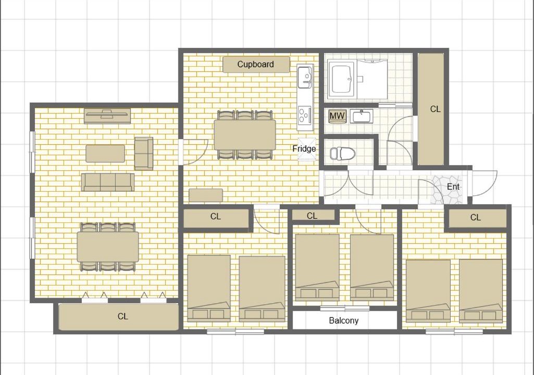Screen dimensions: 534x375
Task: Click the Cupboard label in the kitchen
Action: [255, 64]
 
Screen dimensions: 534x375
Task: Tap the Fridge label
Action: [304, 148]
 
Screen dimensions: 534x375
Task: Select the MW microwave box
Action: [337, 116]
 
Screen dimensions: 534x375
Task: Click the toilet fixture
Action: [343, 153]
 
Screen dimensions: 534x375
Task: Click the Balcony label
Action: [344, 320]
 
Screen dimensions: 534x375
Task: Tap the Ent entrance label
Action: [453, 186]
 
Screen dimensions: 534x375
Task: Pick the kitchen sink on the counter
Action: [305, 77]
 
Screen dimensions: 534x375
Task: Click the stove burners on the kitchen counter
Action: [305, 115]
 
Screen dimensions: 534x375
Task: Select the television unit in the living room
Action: [107, 116]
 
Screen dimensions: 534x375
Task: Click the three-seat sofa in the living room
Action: [108, 182]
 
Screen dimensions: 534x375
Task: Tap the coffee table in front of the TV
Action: [105, 154]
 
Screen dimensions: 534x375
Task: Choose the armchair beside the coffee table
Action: [144, 153]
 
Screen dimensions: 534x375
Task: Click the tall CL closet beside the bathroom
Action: [431, 109]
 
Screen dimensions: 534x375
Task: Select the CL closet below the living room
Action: [118, 317]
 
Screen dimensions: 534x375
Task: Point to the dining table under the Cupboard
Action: [245, 135]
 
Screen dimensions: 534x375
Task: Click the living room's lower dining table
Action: [108, 246]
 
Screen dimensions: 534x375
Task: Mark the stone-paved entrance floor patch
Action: [447, 190]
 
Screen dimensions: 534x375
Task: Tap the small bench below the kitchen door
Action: [206, 195]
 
